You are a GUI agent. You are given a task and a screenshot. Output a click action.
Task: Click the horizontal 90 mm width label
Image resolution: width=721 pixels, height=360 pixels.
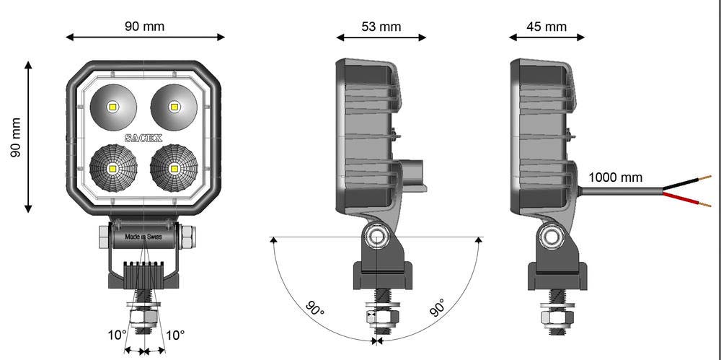point(145,27)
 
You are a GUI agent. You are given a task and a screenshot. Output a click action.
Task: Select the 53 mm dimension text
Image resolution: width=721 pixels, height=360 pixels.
point(381,27)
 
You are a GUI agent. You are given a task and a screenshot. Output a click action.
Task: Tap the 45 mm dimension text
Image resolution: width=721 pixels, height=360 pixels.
point(547,27)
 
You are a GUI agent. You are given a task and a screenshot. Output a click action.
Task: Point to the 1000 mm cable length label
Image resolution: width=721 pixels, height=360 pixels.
point(615,177)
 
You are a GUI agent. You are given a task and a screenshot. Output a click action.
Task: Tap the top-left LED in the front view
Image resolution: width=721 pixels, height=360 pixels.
point(112,107)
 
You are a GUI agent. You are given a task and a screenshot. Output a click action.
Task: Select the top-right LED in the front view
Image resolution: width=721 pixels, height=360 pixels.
point(174,107)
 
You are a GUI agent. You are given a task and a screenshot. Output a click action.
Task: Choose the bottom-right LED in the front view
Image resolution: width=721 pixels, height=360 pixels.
point(174,168)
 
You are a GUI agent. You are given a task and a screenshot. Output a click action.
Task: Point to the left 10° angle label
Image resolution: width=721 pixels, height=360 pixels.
point(117,335)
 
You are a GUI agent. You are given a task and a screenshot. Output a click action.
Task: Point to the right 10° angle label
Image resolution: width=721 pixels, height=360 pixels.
point(175,335)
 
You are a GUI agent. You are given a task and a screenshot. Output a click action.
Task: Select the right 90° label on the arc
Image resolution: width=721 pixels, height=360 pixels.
point(438,309)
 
